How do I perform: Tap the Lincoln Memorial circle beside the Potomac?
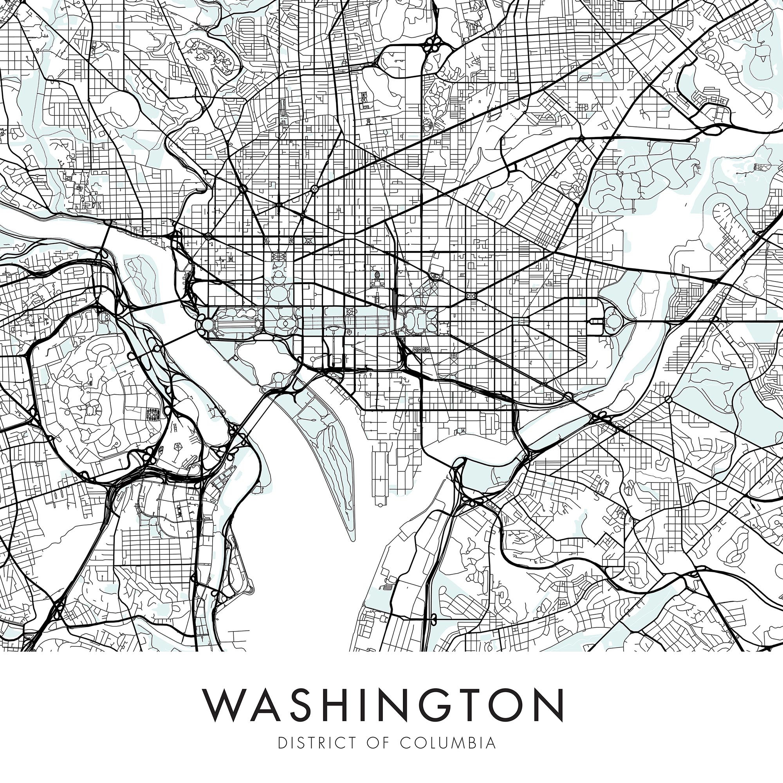click(207, 324)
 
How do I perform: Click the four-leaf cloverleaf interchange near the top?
click(433, 44)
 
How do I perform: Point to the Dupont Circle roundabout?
click(243, 188)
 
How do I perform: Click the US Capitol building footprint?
click(417, 320)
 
